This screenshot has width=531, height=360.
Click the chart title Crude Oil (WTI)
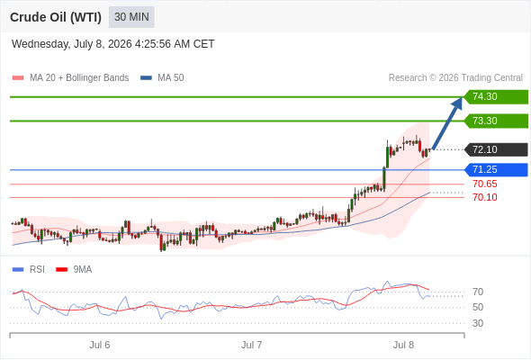(x=56, y=17)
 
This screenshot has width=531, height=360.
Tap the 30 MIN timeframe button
(x=131, y=17)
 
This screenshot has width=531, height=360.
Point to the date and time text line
(x=112, y=44)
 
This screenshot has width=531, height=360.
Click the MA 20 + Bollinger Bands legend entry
(x=70, y=78)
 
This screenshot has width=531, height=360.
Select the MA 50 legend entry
(x=162, y=78)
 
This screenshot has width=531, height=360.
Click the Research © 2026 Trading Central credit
(x=455, y=78)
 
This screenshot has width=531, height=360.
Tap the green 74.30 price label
(x=496, y=97)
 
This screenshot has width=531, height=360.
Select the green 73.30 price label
(x=496, y=121)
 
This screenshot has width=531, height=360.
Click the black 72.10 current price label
(x=496, y=149)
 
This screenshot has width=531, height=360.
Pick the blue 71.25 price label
(x=496, y=170)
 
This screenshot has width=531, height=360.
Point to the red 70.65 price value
(x=485, y=184)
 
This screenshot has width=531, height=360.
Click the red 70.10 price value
(x=485, y=197)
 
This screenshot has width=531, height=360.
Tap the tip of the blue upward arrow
(x=462, y=97)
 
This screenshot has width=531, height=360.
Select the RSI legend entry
(x=29, y=270)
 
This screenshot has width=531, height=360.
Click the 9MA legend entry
(x=74, y=270)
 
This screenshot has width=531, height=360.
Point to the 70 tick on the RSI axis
(x=478, y=292)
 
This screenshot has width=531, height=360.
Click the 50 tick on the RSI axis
(x=478, y=308)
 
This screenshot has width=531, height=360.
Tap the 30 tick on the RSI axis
(x=478, y=323)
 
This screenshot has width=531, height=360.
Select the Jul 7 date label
(x=252, y=345)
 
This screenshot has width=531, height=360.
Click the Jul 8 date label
(x=403, y=345)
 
